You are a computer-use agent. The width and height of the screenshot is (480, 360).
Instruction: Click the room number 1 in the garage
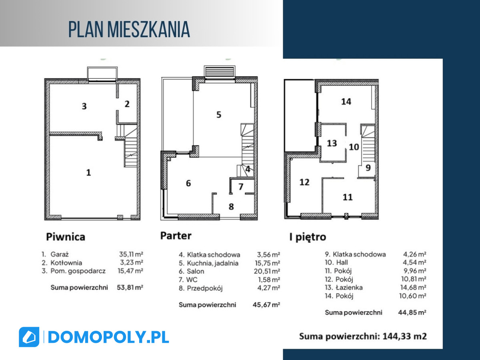click(88, 172)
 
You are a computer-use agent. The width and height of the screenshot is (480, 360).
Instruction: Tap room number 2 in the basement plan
click(127, 104)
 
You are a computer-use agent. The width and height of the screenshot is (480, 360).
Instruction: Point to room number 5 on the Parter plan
click(219, 114)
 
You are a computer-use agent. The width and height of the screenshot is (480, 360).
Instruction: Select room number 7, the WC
click(241, 186)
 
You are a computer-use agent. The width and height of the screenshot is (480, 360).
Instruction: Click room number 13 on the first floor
click(332, 143)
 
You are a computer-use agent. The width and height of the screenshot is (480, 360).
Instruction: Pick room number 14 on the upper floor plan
click(346, 102)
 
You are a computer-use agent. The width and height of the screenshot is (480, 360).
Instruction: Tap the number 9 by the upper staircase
click(368, 168)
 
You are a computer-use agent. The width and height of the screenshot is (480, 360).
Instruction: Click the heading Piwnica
click(65, 237)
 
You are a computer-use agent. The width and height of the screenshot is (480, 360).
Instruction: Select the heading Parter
click(176, 236)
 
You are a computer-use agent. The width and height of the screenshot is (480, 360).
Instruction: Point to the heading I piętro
click(308, 237)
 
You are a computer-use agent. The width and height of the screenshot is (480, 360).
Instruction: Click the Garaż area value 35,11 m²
click(131, 254)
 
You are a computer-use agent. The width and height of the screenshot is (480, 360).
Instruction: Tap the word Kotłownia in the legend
click(66, 262)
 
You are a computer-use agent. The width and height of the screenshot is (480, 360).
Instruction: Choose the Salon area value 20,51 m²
click(267, 271)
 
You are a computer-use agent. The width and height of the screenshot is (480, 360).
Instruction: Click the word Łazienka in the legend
click(349, 288)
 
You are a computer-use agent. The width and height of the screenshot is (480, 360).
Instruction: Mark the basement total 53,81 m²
click(130, 287)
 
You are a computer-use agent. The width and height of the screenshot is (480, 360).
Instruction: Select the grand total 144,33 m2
click(404, 336)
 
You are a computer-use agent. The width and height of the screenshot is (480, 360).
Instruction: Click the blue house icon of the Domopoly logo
click(29, 337)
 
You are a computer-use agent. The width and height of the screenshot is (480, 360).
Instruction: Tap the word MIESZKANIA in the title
click(148, 30)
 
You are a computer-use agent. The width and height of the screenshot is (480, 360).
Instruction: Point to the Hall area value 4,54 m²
click(414, 262)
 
